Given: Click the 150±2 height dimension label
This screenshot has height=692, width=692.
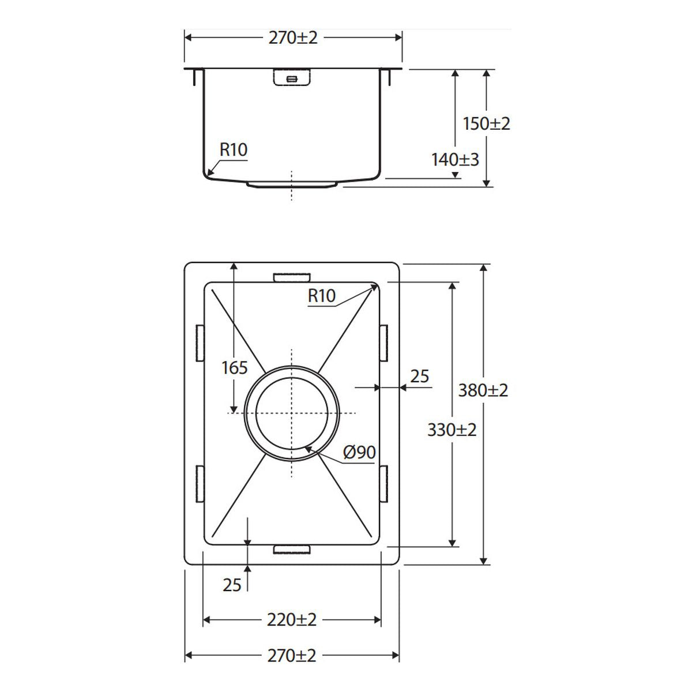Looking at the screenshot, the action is point(486,124).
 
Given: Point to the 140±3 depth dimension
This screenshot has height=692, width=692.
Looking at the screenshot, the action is point(455,160).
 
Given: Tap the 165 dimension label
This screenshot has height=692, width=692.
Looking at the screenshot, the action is point(235,368).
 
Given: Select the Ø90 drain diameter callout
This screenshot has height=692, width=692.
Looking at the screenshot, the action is point(359,452).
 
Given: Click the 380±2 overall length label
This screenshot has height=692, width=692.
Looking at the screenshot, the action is point(483,390).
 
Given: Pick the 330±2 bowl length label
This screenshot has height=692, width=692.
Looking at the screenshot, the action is point(452,430).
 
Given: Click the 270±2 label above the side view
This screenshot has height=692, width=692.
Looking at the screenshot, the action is point(293,37).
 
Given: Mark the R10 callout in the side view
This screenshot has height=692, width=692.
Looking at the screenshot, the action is point(234,150).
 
